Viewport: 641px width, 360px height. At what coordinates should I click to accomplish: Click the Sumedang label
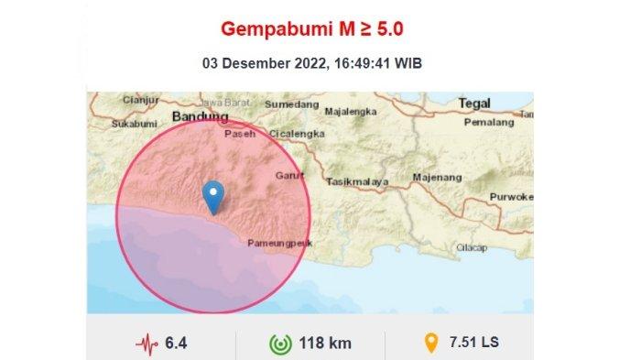[x=287, y=104]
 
